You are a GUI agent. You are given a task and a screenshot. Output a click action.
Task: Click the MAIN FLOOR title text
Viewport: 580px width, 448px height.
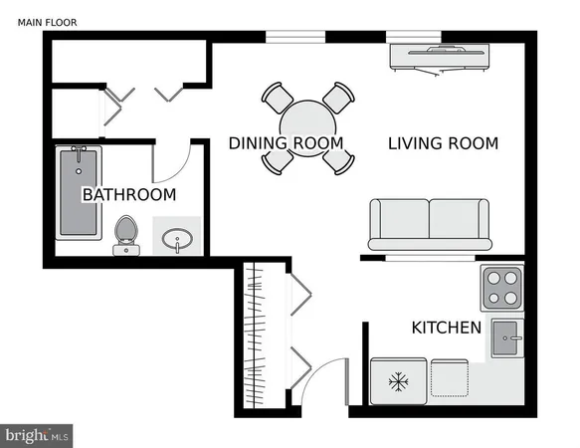[47, 21]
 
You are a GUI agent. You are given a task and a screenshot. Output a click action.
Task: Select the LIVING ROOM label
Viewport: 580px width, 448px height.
[443, 143]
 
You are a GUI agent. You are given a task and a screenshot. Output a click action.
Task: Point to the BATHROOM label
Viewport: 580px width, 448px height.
[128, 194]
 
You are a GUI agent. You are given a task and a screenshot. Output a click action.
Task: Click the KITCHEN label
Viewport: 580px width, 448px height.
[447, 328]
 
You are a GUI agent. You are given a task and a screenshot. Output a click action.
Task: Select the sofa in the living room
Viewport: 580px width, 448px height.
[429, 224]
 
